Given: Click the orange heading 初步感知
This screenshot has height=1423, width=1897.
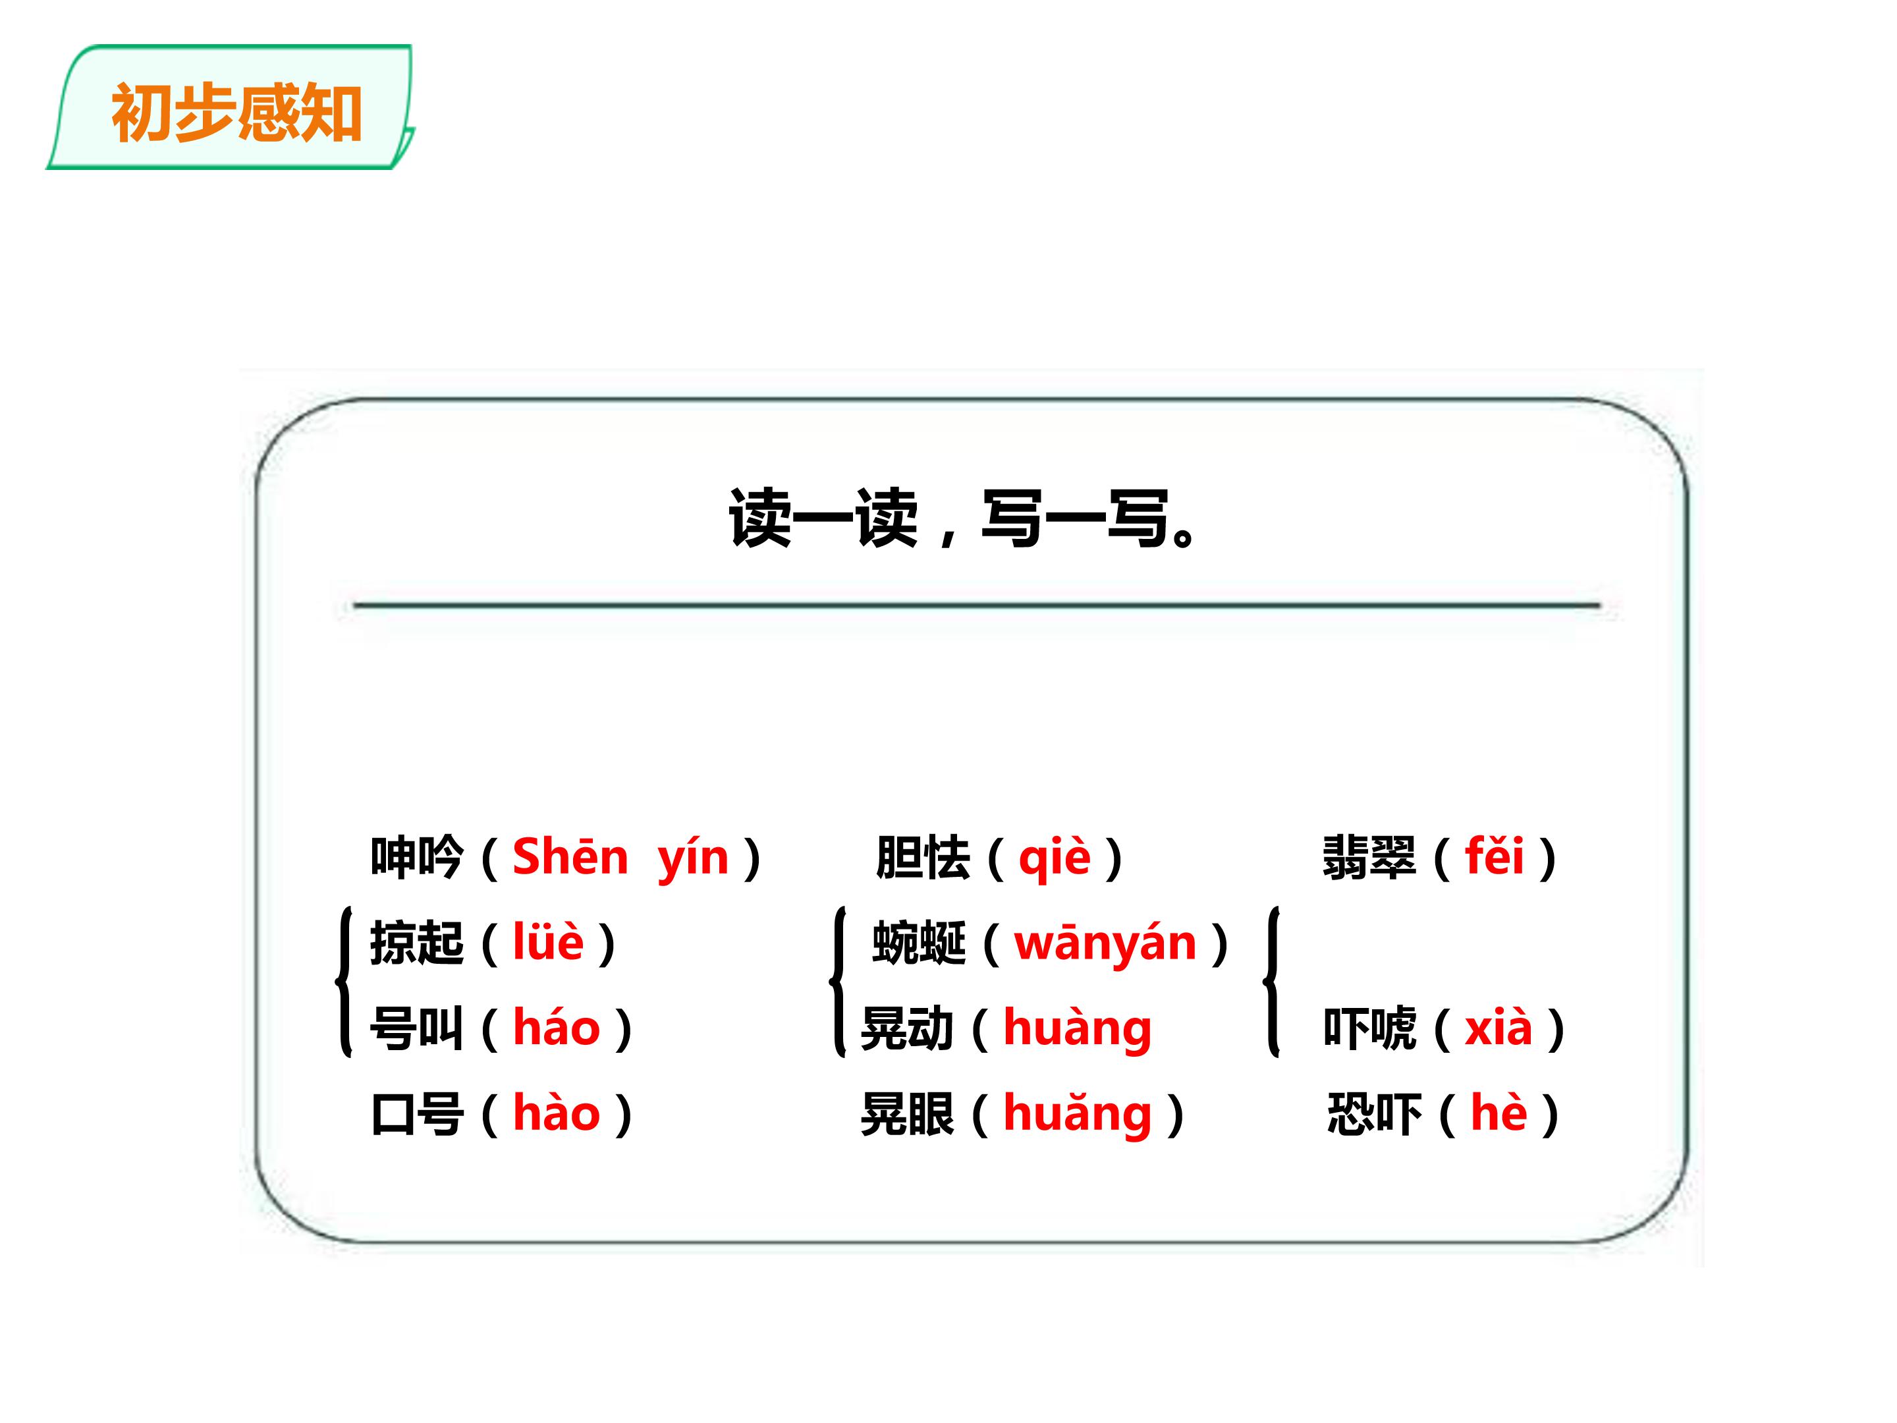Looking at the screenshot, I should (x=236, y=113).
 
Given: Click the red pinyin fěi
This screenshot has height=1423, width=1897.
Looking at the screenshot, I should (x=1495, y=855).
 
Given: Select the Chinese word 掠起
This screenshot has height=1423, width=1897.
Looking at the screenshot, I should (x=417, y=943).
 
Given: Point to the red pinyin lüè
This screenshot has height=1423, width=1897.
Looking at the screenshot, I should (x=549, y=942).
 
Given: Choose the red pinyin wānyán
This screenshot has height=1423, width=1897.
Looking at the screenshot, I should (x=1105, y=943).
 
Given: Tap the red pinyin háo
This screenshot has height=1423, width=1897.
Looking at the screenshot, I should (x=557, y=1028).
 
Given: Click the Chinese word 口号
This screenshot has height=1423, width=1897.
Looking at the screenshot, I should (x=417, y=1113).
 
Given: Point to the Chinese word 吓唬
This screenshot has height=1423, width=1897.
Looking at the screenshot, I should (x=1369, y=1028).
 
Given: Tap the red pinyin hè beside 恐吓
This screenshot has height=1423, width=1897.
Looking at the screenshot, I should (x=1499, y=1113).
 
